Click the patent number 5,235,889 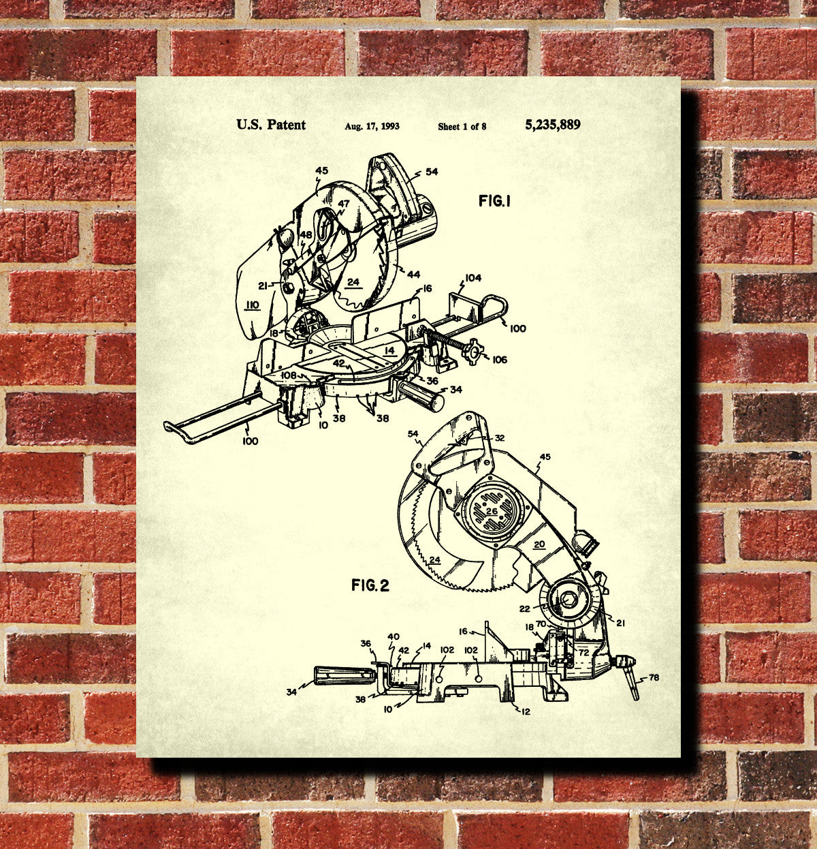552,125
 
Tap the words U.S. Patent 271,125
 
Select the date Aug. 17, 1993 372,126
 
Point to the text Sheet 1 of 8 462,126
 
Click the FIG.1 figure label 494,201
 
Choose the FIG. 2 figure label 370,585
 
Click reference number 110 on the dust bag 253,305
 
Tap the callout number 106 500,359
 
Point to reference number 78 654,677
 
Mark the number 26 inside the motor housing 492,511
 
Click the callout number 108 289,375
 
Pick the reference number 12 526,711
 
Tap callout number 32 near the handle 499,439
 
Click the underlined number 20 539,544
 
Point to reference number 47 343,203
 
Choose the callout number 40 394,637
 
